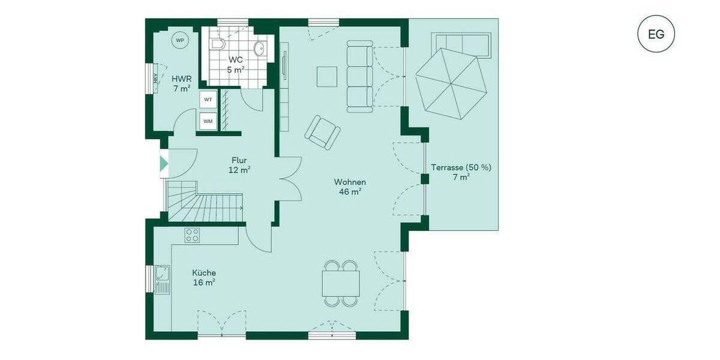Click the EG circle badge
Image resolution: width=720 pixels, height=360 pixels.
point(656,34)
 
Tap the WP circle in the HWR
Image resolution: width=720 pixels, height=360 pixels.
point(179,40)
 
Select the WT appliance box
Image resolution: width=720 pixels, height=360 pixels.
point(208,99)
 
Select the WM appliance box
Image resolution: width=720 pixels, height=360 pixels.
point(208,121)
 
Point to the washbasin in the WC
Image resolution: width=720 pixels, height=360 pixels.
point(260,49)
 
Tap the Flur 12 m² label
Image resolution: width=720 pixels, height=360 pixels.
point(239,165)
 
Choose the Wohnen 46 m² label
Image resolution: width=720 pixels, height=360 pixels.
point(350,187)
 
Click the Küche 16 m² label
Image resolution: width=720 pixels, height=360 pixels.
point(205,277)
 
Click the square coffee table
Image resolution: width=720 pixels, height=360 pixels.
point(328,76)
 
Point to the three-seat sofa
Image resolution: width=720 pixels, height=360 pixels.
point(360,76)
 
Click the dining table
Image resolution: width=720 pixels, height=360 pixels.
point(341,283)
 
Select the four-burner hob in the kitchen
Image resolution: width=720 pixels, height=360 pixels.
point(193,235)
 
